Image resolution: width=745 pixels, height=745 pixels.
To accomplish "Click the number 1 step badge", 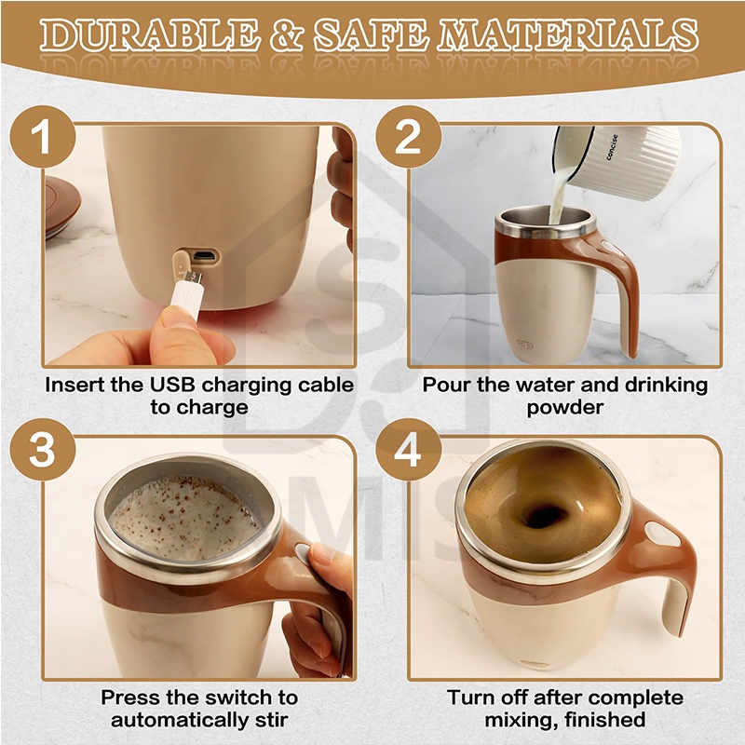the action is [x=42, y=137].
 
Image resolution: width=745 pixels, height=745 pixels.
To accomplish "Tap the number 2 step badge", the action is [x=408, y=137].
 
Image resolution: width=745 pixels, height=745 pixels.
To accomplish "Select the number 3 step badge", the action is [x=42, y=450].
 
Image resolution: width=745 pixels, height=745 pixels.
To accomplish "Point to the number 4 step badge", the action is [x=408, y=450].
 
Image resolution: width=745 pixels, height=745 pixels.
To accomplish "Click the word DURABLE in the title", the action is [x=150, y=35].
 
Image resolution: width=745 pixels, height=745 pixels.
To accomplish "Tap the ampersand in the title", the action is [x=287, y=35].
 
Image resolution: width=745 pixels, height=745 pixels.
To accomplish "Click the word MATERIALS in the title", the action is [x=568, y=35].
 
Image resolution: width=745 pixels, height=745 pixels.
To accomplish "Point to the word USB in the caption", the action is [x=172, y=385].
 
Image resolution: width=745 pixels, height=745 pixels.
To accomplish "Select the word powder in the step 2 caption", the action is [x=565, y=408].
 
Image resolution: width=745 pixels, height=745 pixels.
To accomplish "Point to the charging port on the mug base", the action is [x=206, y=257].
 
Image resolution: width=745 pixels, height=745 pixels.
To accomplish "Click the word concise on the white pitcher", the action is [x=613, y=147].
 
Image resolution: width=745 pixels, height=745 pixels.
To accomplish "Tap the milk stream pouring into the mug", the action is [x=557, y=195].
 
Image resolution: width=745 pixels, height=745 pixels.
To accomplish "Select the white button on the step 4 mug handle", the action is [x=663, y=534].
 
